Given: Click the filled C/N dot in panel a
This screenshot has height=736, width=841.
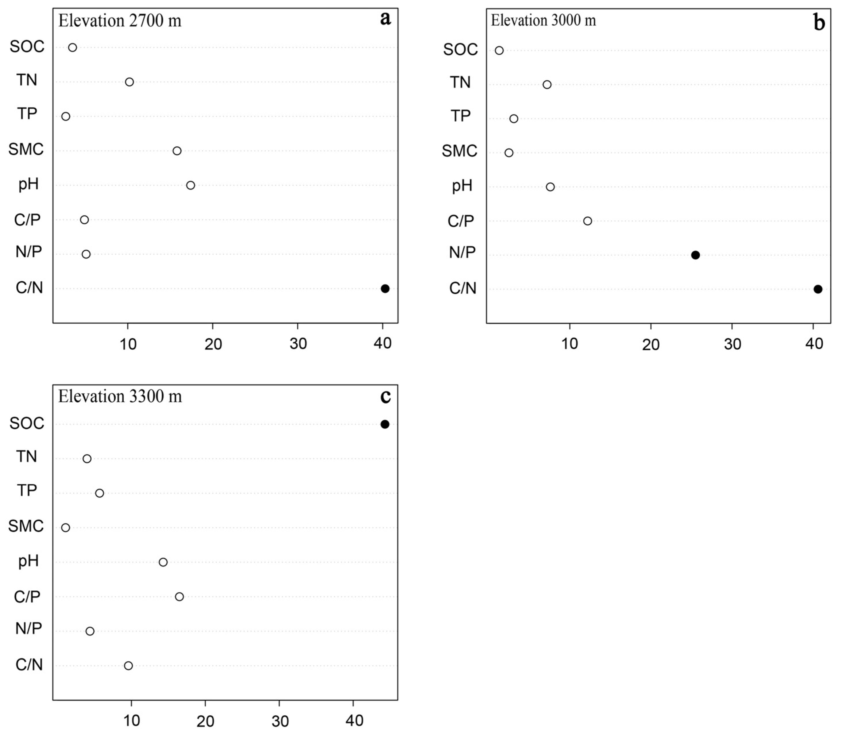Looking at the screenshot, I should click(x=385, y=288).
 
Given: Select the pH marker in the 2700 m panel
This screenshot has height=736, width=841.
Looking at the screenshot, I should click(x=191, y=185).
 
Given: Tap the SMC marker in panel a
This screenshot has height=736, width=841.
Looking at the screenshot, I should click(x=177, y=151).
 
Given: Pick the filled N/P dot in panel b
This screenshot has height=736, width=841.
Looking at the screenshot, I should click(x=695, y=255).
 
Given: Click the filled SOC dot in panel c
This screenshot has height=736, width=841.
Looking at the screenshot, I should click(x=385, y=424).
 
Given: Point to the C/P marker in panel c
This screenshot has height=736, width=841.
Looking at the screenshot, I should click(x=179, y=597).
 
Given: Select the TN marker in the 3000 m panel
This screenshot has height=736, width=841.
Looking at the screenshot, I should click(x=547, y=85).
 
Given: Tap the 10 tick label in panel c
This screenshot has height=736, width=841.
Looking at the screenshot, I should click(x=131, y=721).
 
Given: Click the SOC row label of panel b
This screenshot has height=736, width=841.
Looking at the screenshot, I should click(x=460, y=50).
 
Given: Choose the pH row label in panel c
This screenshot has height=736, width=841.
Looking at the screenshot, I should click(x=28, y=561).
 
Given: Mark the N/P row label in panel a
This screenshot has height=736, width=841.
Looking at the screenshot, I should click(x=28, y=251).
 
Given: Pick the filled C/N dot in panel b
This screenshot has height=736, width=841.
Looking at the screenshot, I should click(x=817, y=289).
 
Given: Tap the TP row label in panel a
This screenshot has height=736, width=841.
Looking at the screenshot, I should click(x=27, y=113).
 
